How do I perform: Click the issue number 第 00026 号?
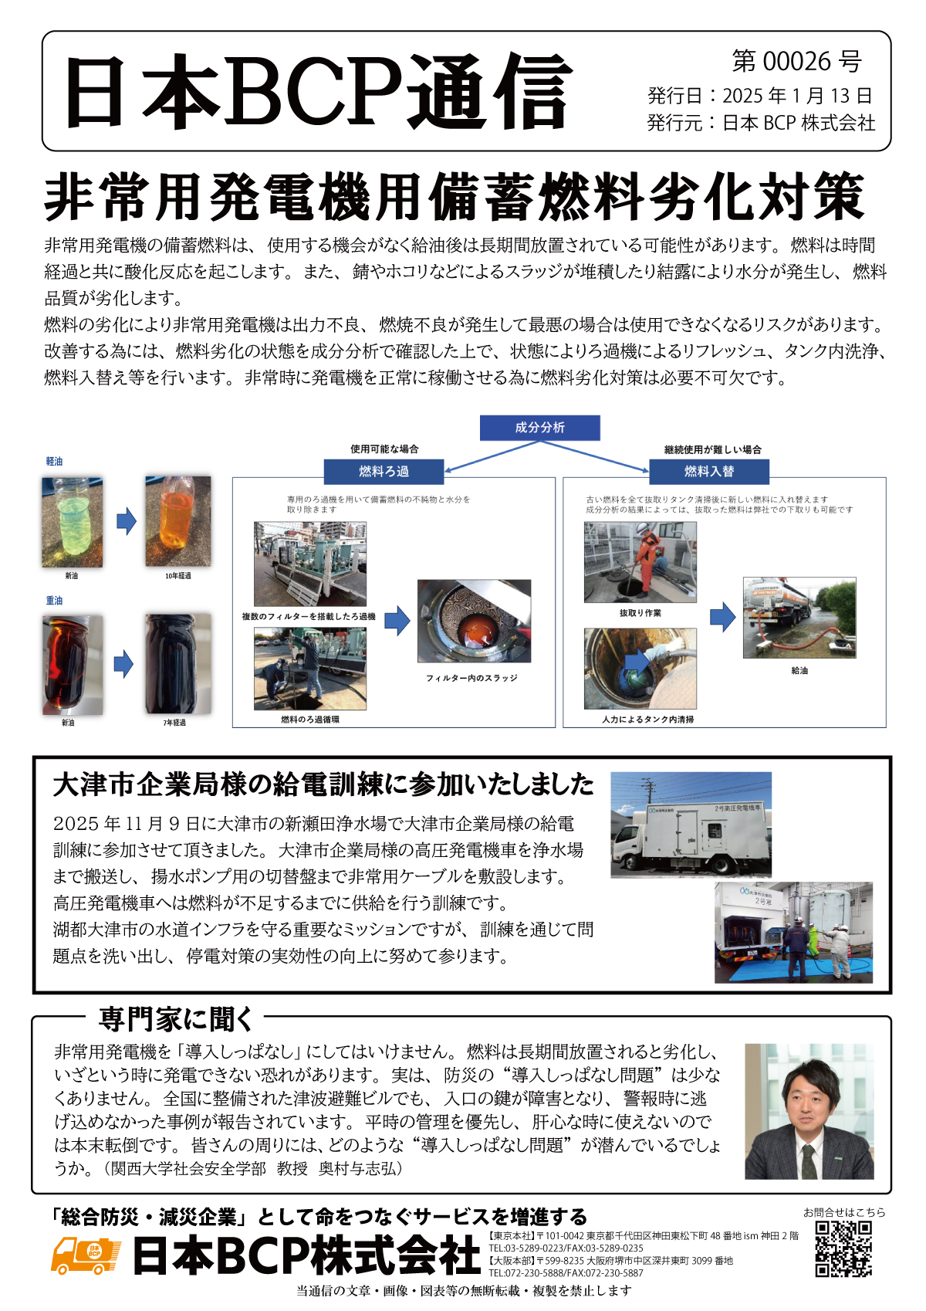796,61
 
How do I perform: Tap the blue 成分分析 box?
539,427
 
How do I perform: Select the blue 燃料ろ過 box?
384,471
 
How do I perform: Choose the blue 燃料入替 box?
708,471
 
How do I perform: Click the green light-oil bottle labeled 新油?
72,522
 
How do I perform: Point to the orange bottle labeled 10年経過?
177,522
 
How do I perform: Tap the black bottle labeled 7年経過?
177,664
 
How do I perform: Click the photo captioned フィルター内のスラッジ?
474,621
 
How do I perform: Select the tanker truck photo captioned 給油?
799,618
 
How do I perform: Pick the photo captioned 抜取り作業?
640,561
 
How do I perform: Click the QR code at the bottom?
843,1248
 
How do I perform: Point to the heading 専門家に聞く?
176,1019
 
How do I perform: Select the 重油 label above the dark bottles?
54,600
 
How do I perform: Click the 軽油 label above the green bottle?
54,461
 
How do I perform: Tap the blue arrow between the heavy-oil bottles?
123,663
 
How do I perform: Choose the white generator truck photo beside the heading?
691,825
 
